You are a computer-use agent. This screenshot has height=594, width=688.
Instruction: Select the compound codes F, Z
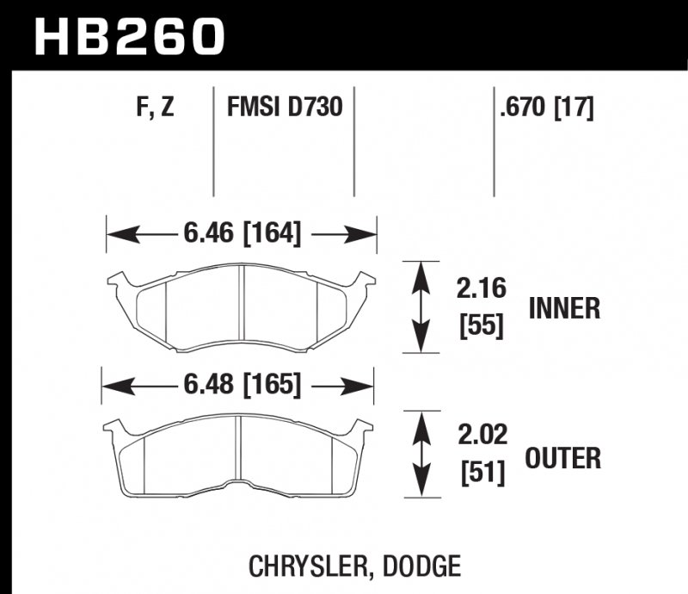click(x=155, y=109)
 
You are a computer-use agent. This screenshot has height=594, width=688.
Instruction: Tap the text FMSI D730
click(x=284, y=109)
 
